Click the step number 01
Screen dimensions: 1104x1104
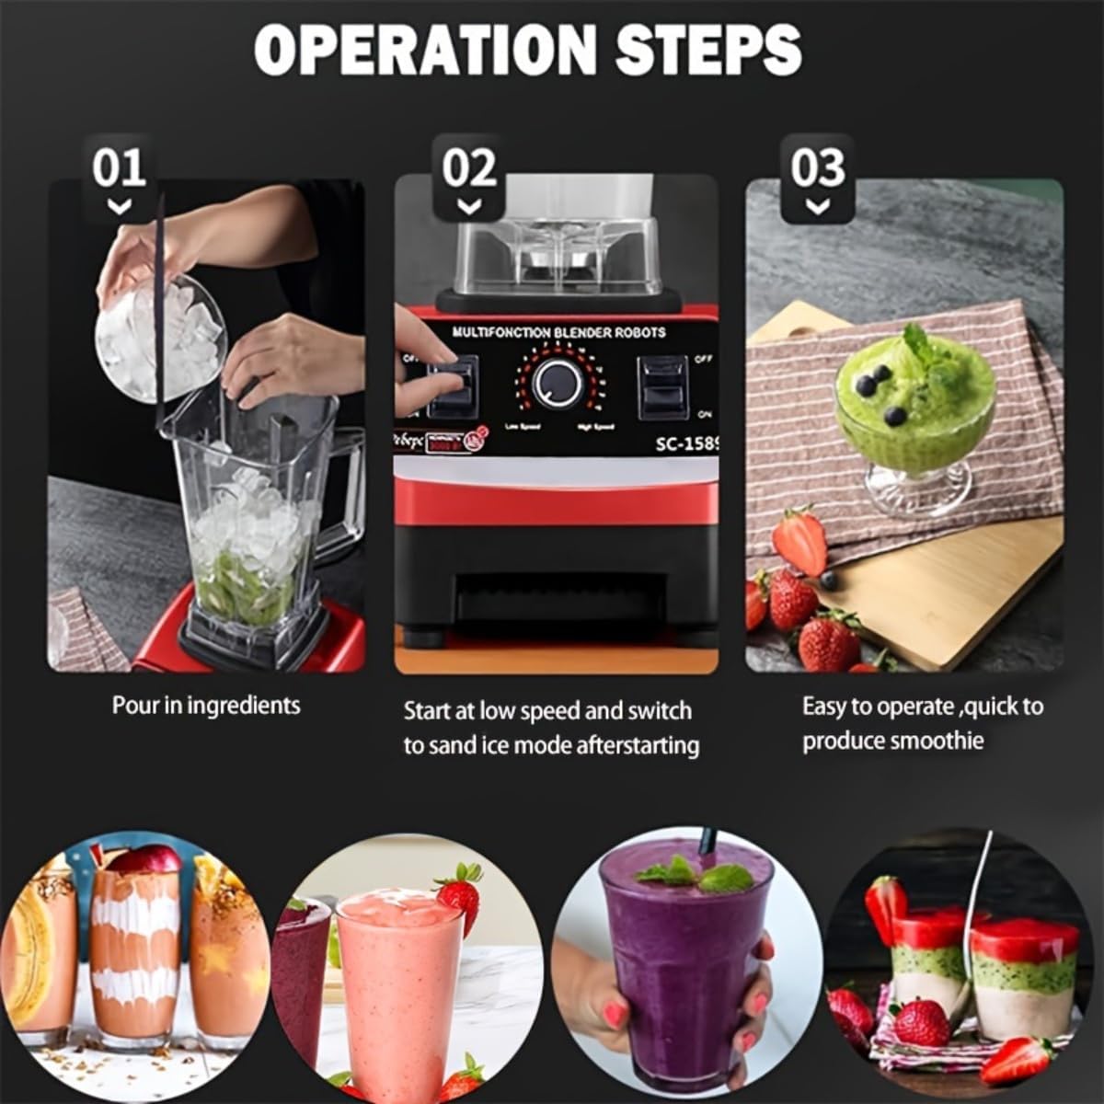click(x=119, y=168)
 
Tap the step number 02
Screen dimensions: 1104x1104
click(x=469, y=168)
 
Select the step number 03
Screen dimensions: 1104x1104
click(x=817, y=168)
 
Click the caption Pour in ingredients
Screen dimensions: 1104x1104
click(x=206, y=706)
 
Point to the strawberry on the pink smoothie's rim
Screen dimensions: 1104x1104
click(x=460, y=893)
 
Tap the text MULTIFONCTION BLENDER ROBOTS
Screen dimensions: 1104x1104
click(x=558, y=332)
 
